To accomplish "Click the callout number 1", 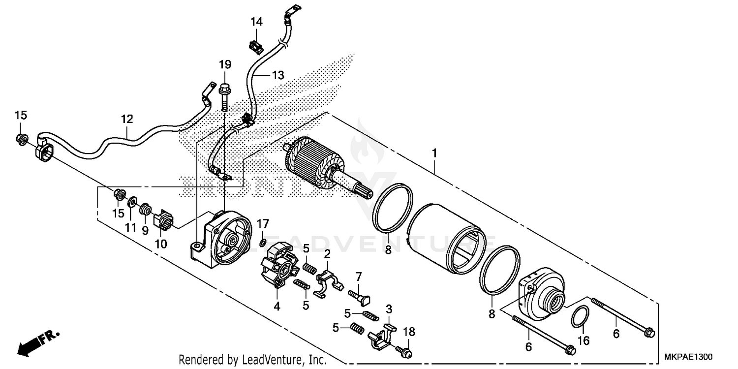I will coord(434,154).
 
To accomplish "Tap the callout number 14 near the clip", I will coord(256,22).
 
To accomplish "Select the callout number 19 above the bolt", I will coord(225,64).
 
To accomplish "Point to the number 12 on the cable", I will coord(127,119).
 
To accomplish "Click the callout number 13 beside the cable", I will coord(278,75).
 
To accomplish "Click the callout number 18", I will coord(409,332).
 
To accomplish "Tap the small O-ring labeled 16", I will coord(580,316).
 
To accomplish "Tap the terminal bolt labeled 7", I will coord(360,296).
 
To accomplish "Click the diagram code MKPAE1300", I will coord(689,357).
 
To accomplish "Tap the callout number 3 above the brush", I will coord(389,309).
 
